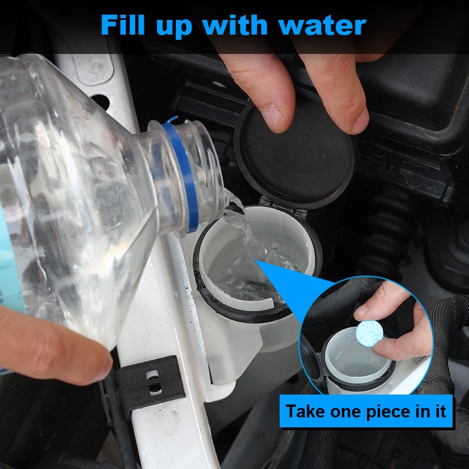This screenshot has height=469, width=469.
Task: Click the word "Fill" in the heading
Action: [x=123, y=25]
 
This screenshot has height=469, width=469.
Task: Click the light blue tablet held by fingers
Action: [x=369, y=333]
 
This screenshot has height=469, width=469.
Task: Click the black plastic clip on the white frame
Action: [x=149, y=382]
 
